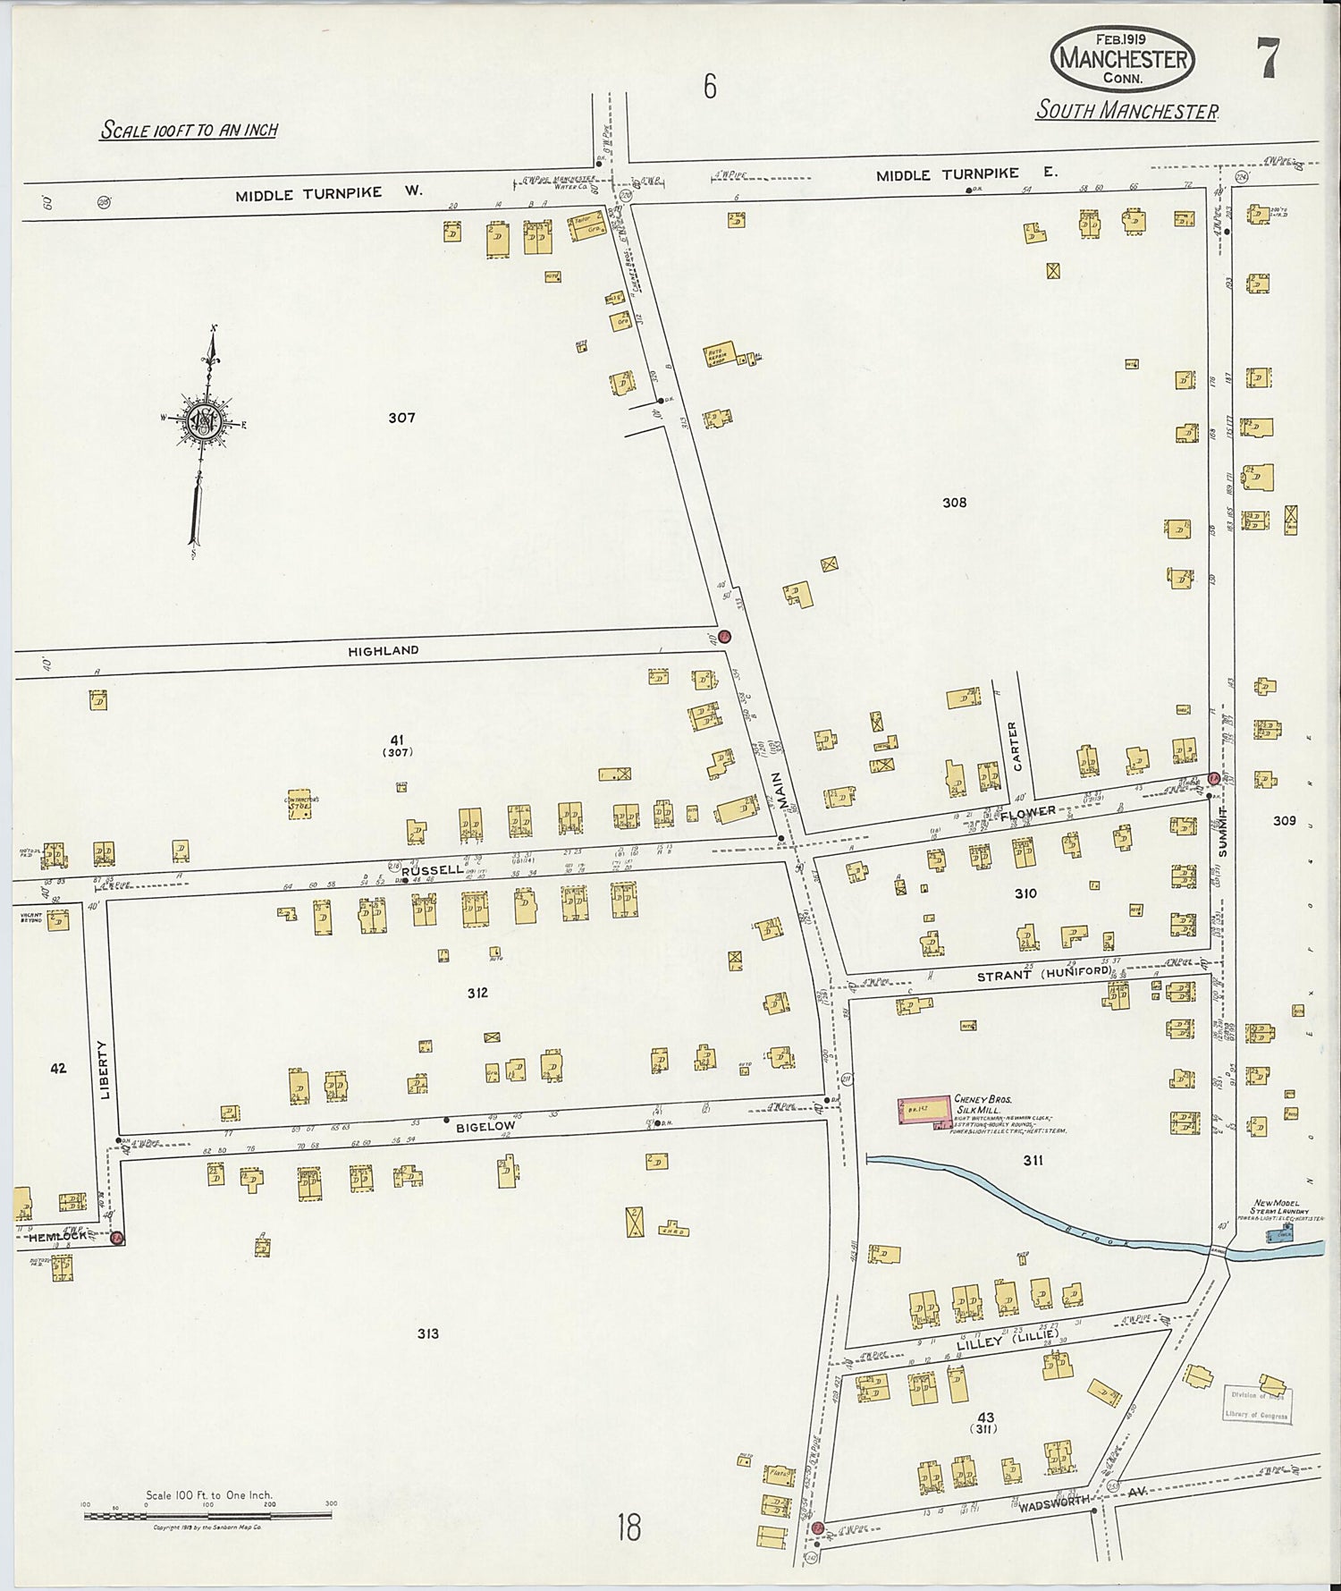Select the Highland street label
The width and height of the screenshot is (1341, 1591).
pyautogui.click(x=383, y=650)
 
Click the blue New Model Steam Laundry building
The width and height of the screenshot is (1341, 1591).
pyautogui.click(x=1280, y=1234)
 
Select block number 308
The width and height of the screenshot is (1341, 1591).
pyautogui.click(x=954, y=503)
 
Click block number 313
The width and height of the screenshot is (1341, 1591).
pyautogui.click(x=427, y=1333)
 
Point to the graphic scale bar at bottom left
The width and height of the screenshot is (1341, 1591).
pyautogui.click(x=207, y=1514)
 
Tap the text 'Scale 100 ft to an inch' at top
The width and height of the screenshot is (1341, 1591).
pyautogui.click(x=189, y=130)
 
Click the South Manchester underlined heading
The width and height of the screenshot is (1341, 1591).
pyautogui.click(x=1126, y=112)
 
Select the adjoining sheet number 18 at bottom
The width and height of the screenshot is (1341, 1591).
pyautogui.click(x=628, y=1527)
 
